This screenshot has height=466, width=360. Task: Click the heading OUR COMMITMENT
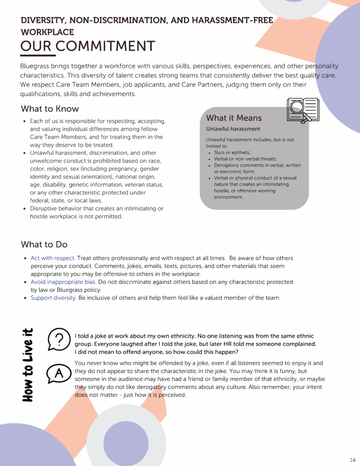tap(88, 46)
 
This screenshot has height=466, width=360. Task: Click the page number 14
tap(353, 459)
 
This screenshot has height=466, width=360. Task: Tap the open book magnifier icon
tap(303, 110)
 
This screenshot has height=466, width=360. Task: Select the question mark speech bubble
tap(58, 339)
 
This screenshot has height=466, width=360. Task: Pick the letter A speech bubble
tap(58, 374)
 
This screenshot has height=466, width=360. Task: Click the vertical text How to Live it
tap(28, 365)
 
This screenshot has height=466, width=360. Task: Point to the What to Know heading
tap(50, 109)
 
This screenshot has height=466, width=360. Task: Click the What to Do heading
tap(44, 244)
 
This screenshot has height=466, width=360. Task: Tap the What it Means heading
tap(234, 118)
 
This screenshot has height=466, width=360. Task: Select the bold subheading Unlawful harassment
tap(233, 129)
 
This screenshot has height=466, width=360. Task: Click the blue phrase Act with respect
tap(53, 258)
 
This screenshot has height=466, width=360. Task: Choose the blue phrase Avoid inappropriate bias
tap(63, 282)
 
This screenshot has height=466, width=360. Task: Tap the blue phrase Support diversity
tap(53, 298)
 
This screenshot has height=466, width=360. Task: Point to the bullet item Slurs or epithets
tap(232, 152)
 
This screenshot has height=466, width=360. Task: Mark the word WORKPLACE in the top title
tap(47, 32)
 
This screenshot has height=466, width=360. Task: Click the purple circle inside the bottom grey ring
tap(126, 443)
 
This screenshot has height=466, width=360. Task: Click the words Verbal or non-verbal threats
tap(245, 159)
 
